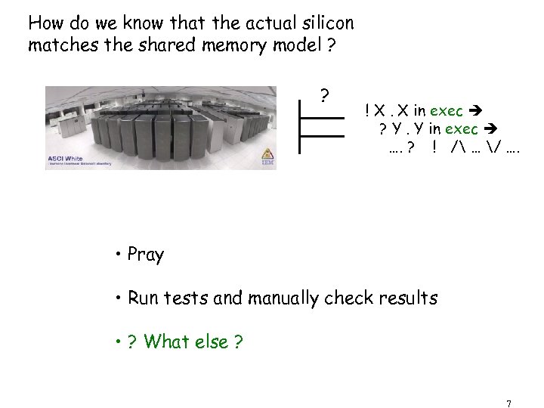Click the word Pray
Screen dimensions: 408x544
[146, 255]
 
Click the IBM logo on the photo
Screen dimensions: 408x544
[267, 162]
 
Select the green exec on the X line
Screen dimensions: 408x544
[447, 112]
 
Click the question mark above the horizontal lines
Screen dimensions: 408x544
[323, 96]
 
